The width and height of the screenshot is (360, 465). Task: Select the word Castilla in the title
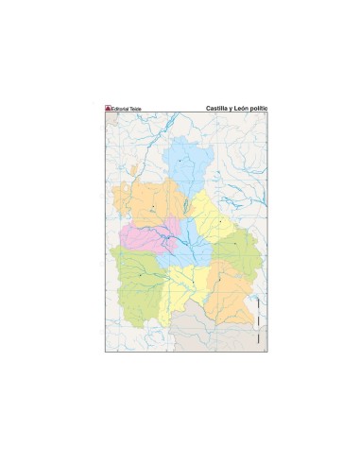pyautogui.click(x=219, y=109)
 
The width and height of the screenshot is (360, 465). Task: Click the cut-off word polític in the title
pyautogui.click(x=261, y=109)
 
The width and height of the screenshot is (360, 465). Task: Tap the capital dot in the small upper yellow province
pyautogui.click(x=220, y=220)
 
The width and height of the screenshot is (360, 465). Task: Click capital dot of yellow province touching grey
pyautogui.click(x=193, y=282)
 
